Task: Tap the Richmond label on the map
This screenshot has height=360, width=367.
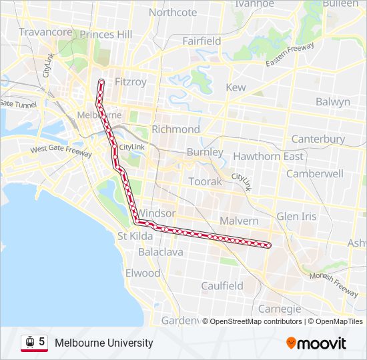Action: pyautogui.click(x=175, y=129)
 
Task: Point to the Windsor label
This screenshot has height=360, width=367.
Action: pyautogui.click(x=156, y=213)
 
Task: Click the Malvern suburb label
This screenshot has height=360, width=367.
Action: pyautogui.click(x=238, y=221)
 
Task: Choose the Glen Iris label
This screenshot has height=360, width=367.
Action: pyautogui.click(x=297, y=216)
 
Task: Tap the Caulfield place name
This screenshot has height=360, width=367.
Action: pyautogui.click(x=222, y=285)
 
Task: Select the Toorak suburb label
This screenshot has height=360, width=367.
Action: pyautogui.click(x=205, y=181)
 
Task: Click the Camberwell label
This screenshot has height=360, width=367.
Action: pyautogui.click(x=315, y=173)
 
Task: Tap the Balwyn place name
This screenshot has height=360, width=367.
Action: pyautogui.click(x=332, y=102)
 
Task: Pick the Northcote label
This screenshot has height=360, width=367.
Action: pyautogui.click(x=173, y=12)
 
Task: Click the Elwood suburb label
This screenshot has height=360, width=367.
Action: pyautogui.click(x=143, y=273)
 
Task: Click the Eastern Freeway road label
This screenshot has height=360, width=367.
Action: pyautogui.click(x=290, y=55)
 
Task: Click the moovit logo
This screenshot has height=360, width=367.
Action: pyautogui.click(x=316, y=343)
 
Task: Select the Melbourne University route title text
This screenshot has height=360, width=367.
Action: pyautogui.click(x=104, y=343)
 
